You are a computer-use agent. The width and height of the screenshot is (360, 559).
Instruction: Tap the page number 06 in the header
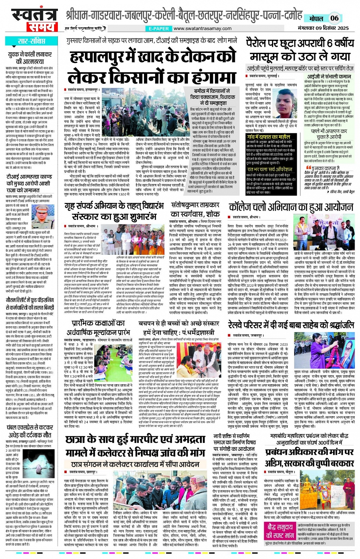click(334, 18)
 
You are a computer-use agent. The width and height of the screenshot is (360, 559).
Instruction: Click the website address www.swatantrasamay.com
click(202, 29)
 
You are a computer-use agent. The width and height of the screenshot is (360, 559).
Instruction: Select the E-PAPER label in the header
click(158, 29)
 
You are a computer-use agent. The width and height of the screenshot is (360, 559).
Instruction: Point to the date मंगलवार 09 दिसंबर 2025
click(323, 28)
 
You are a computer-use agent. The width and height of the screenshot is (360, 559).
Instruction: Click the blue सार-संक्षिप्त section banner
click(32, 41)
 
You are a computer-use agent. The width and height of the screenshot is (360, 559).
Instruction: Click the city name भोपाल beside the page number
click(316, 19)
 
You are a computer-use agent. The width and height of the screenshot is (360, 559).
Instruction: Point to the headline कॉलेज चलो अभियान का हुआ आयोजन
click(291, 208)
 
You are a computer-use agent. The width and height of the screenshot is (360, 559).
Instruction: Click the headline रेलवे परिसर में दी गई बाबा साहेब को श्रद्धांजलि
click(291, 325)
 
